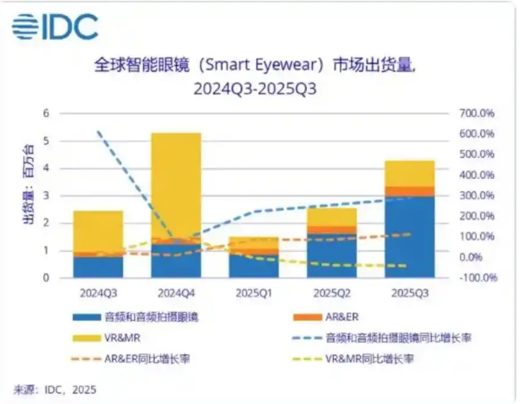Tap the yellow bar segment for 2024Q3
[98, 231]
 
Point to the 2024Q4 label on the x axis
[176, 292]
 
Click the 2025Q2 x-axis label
[332, 292]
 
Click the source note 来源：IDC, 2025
[55, 389]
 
